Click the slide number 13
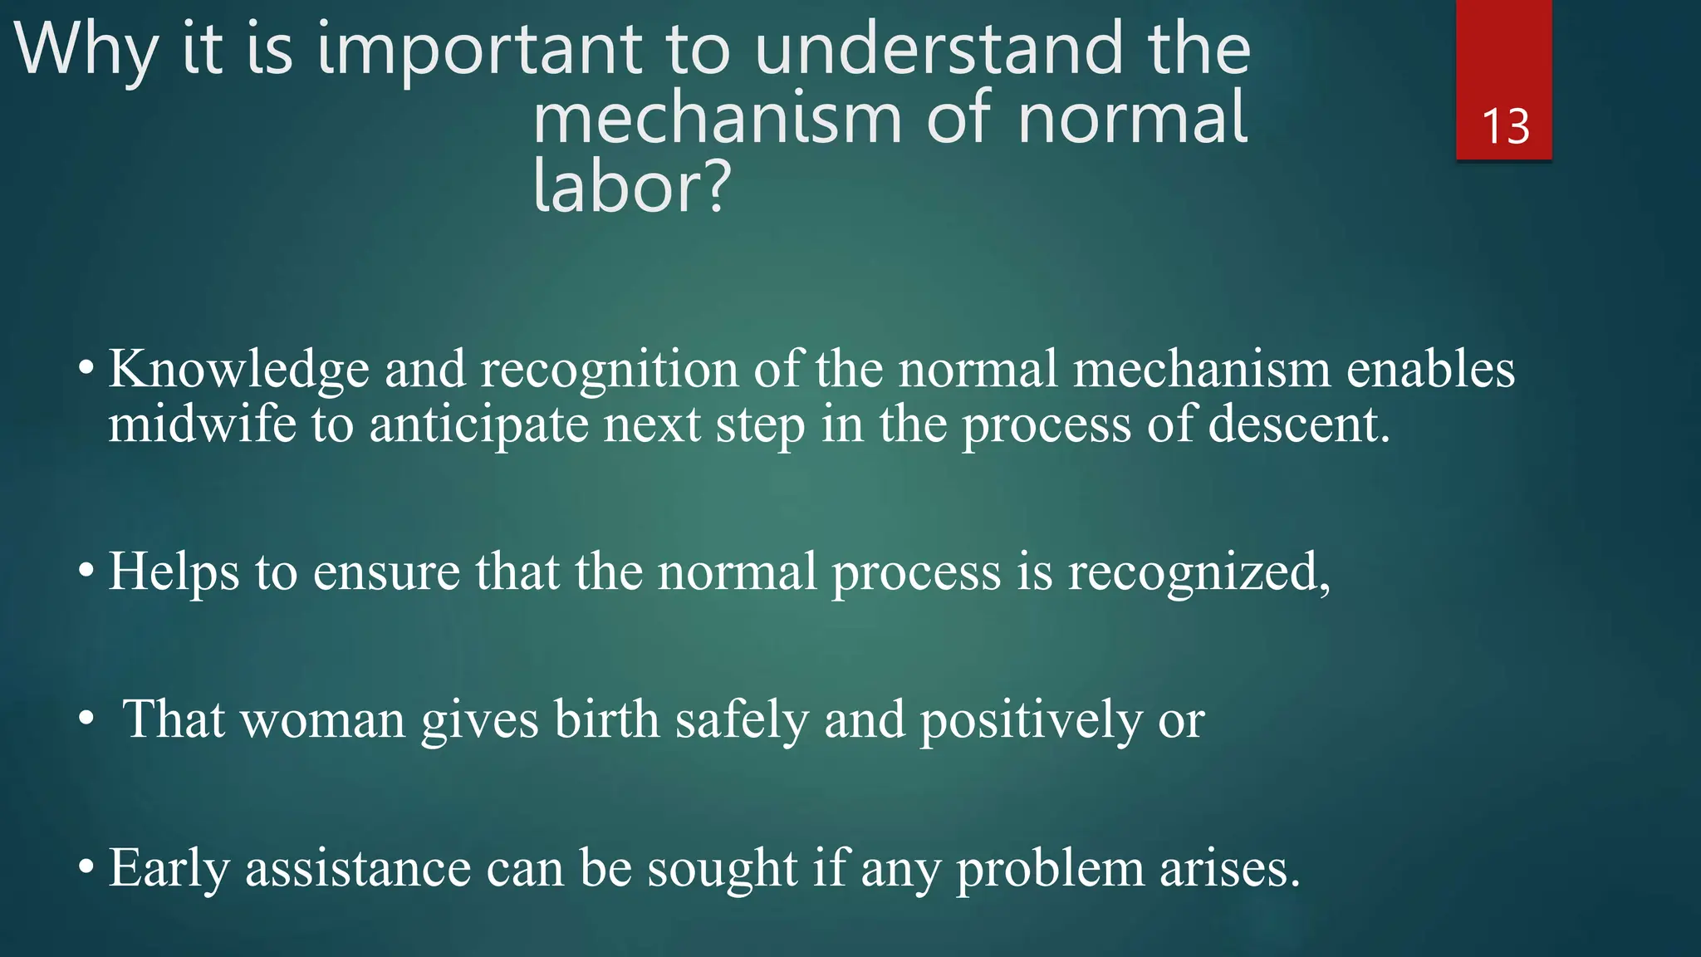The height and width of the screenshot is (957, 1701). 1505,127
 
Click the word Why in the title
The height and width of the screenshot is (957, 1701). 86,50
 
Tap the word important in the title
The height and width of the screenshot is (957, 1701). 480,50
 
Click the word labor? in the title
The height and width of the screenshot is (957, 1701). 631,187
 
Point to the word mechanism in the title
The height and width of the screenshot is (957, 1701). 717,118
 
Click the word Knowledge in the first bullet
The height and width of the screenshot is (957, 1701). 239,370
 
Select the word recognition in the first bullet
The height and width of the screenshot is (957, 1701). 609,370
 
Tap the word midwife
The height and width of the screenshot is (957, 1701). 202,424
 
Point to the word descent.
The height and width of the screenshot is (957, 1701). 1298,424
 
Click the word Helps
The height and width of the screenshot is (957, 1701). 174,573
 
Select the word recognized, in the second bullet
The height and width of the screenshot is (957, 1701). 1199,573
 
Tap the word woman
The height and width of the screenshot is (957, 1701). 322,719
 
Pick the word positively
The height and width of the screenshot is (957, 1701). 1031,721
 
